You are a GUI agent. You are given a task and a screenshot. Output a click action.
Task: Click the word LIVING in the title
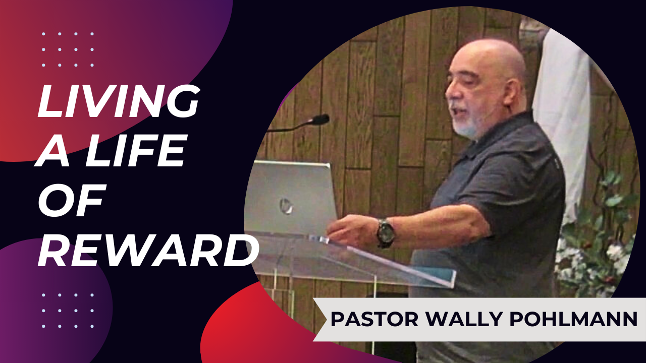click(118, 101)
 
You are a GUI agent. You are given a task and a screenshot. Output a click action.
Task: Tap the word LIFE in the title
click(135, 150)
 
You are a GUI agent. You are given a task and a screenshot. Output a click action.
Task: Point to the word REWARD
click(148, 249)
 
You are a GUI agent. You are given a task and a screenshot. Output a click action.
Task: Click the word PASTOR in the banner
click(374, 319)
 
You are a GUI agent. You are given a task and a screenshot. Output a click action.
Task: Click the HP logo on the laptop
click(286, 206)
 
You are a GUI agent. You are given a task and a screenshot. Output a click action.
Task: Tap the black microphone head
click(320, 119)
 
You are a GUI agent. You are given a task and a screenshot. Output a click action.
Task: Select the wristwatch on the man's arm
click(385, 233)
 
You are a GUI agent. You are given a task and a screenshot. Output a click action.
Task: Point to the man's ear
click(512, 92)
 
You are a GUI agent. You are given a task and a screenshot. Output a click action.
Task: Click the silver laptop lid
click(290, 199)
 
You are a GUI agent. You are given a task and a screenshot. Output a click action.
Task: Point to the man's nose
click(450, 94)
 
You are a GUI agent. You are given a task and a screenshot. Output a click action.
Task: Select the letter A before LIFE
click(53, 150)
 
